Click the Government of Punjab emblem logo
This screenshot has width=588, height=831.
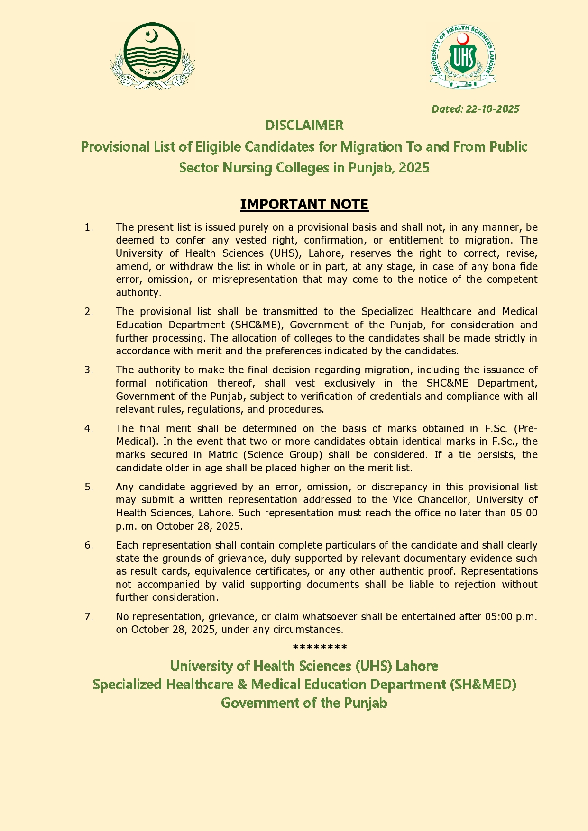point(152,56)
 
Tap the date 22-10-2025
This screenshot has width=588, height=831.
point(492,109)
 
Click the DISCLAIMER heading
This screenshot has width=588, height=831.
point(304,126)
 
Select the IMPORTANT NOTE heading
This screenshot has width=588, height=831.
point(304,204)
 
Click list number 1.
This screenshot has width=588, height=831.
point(89,227)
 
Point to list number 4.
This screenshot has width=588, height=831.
point(89,429)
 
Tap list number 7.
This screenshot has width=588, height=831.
point(89,617)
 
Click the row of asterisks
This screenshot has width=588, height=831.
point(320,648)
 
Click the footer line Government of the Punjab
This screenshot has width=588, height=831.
point(304,703)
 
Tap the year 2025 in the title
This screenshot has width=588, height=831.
point(414,168)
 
